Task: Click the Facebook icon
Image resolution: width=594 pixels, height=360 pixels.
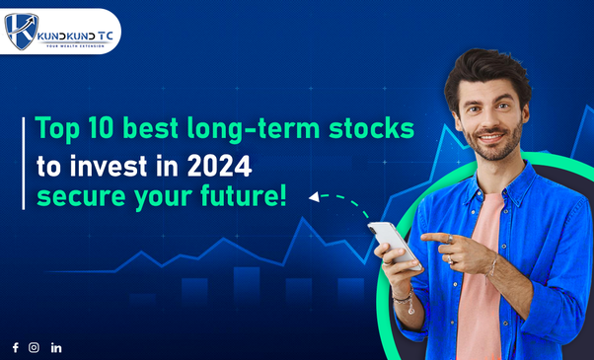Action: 15,347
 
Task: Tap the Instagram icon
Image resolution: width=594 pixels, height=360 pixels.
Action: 35,347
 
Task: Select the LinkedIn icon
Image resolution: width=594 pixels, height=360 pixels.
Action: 56,347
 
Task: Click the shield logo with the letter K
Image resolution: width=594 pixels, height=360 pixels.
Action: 22,31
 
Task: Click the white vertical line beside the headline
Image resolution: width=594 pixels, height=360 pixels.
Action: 23,162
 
